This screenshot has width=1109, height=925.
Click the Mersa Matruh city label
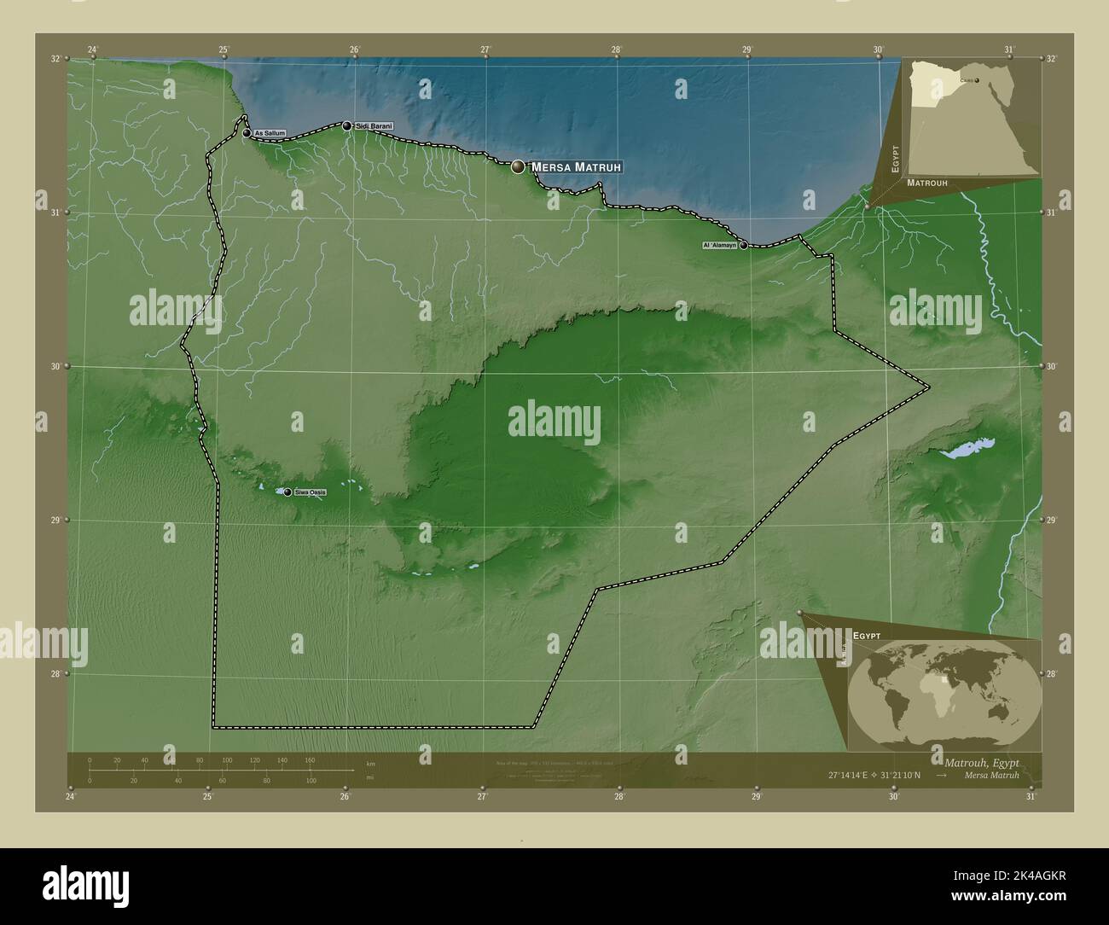[577, 167]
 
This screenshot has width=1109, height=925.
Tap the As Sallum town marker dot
[247, 133]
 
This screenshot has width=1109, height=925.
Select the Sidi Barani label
[375, 126]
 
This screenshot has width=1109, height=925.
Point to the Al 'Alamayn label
[718, 245]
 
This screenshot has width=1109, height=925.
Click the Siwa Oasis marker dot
[287, 492]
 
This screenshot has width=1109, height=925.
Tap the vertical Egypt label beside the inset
[896, 159]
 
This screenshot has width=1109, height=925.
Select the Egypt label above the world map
[866, 637]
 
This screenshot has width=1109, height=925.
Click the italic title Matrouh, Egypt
[981, 761]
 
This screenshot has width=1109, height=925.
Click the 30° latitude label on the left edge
[55, 366]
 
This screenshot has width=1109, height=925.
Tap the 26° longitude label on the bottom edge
[345, 797]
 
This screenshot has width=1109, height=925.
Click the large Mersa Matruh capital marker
[518, 167]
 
